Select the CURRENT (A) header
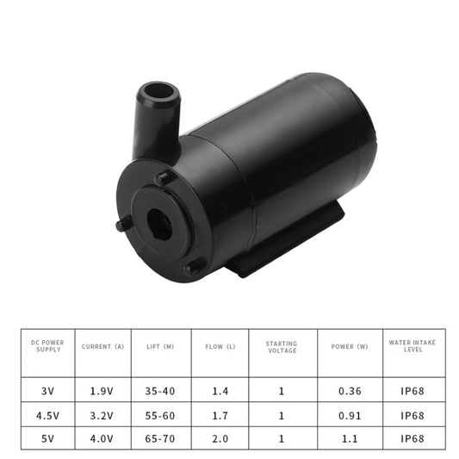[102, 346]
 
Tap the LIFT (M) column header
[161, 346]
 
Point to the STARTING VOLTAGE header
[282, 346]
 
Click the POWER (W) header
[350, 346]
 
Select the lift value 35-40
[161, 390]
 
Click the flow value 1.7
[220, 414]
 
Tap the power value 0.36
[350, 390]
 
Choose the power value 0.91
[350, 414]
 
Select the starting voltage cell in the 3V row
[282, 390]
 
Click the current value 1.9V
[102, 390]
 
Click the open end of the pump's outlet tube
[158, 91]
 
